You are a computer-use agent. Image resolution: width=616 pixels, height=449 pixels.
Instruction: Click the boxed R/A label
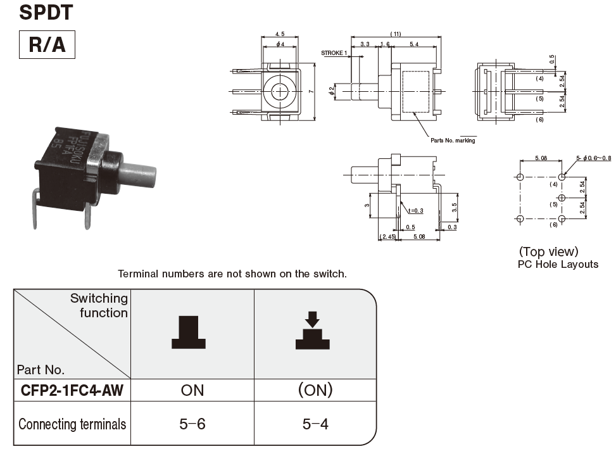coord(47,44)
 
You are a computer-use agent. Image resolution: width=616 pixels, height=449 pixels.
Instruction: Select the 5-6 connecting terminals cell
coord(192,424)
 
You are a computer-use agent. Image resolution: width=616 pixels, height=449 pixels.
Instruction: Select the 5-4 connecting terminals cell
coord(315,424)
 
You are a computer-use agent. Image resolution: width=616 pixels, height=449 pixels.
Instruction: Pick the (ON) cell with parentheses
coord(315,390)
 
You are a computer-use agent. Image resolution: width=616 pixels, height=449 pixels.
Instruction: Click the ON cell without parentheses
coord(192,390)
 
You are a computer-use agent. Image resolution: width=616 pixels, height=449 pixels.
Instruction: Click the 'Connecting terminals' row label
coord(72,424)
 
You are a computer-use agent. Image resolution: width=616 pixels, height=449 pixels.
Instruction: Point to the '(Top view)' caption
coord(548,251)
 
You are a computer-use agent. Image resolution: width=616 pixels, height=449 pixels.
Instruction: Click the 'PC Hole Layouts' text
coord(558,264)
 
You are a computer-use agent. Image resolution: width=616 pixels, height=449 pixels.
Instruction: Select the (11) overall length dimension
coord(396,34)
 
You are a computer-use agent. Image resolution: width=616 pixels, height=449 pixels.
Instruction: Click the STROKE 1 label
coord(334,53)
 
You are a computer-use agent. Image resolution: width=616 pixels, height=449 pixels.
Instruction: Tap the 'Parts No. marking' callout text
coord(453,140)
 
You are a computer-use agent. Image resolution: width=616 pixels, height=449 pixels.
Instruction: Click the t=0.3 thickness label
coord(415,210)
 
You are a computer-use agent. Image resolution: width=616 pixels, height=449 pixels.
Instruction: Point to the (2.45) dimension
coord(387,236)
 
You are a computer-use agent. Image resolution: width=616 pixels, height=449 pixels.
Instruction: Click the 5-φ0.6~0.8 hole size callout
coord(593,158)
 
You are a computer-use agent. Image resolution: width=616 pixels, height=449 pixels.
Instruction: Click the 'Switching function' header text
coord(99,305)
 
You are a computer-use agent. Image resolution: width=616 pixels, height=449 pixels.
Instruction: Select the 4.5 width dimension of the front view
coord(279,34)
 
